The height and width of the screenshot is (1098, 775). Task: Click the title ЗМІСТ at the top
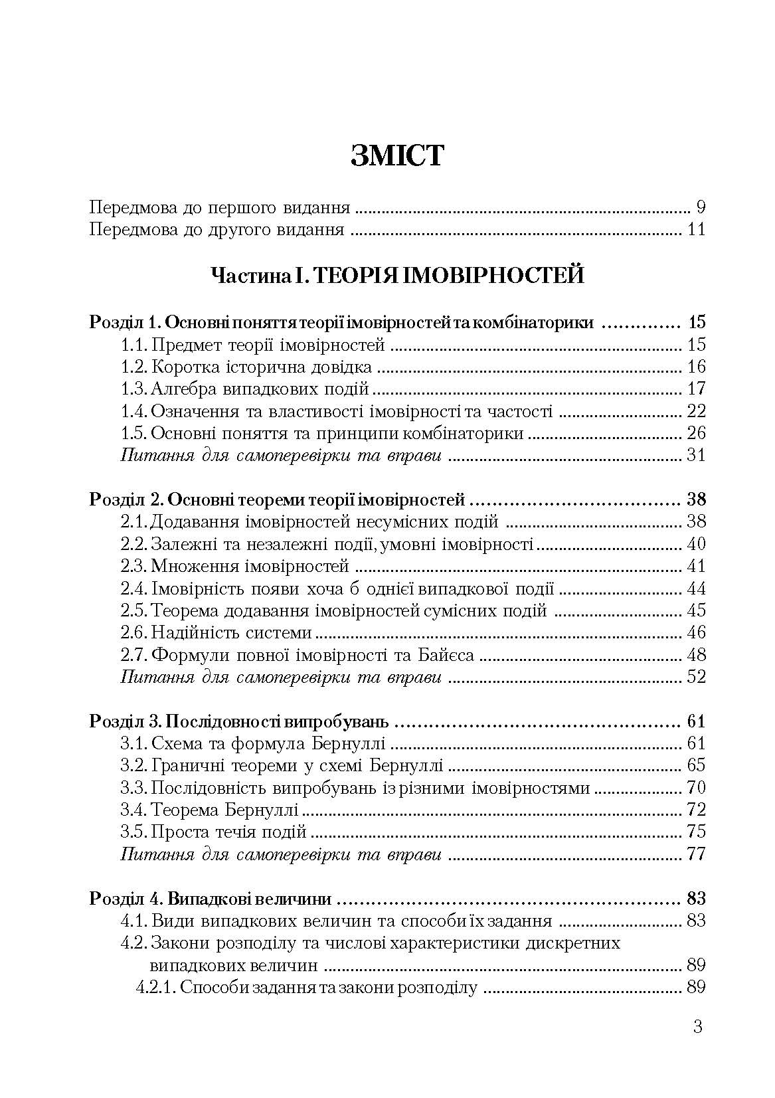396,157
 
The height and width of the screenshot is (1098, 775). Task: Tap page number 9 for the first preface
701,207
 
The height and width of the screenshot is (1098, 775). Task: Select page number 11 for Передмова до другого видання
697,230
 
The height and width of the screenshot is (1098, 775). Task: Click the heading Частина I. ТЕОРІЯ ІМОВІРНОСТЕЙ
396,274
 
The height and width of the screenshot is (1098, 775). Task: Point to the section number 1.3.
134,389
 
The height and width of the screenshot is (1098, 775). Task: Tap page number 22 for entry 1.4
697,411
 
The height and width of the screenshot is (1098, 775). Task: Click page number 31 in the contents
697,456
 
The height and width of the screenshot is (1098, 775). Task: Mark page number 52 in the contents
697,677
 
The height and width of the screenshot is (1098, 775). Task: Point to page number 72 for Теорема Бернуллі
697,810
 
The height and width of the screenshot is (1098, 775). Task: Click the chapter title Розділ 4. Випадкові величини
211,899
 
